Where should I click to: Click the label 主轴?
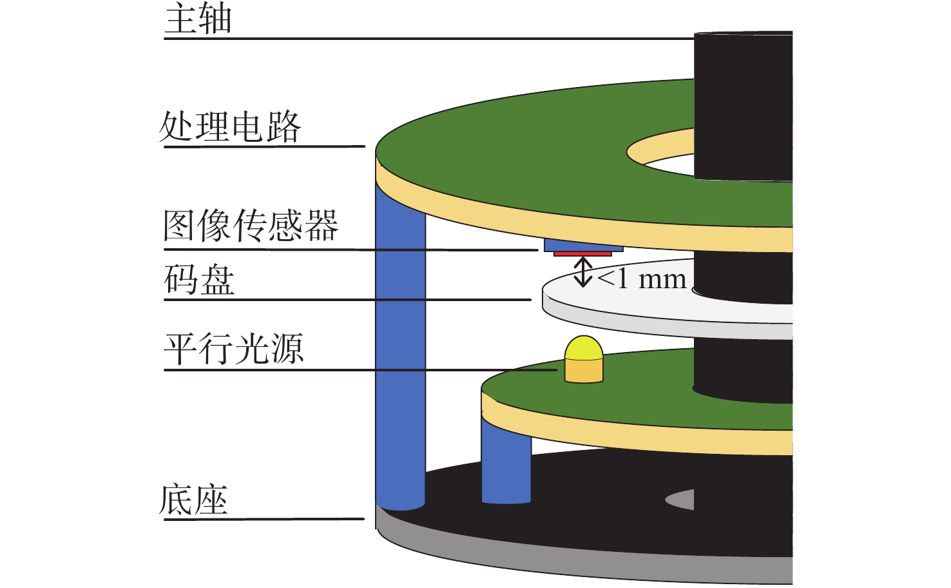point(198,19)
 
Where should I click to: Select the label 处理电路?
point(230,126)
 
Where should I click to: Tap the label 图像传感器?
point(250,226)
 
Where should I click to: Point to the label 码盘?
point(199,280)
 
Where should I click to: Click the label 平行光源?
point(233,349)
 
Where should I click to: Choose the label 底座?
point(193,500)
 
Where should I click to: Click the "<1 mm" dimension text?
point(642,279)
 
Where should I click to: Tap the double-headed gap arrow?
point(583,271)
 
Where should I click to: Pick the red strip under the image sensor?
point(582,254)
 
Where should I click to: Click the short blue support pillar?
point(506,464)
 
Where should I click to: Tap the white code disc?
point(619,303)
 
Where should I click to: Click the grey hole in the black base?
point(680,499)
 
